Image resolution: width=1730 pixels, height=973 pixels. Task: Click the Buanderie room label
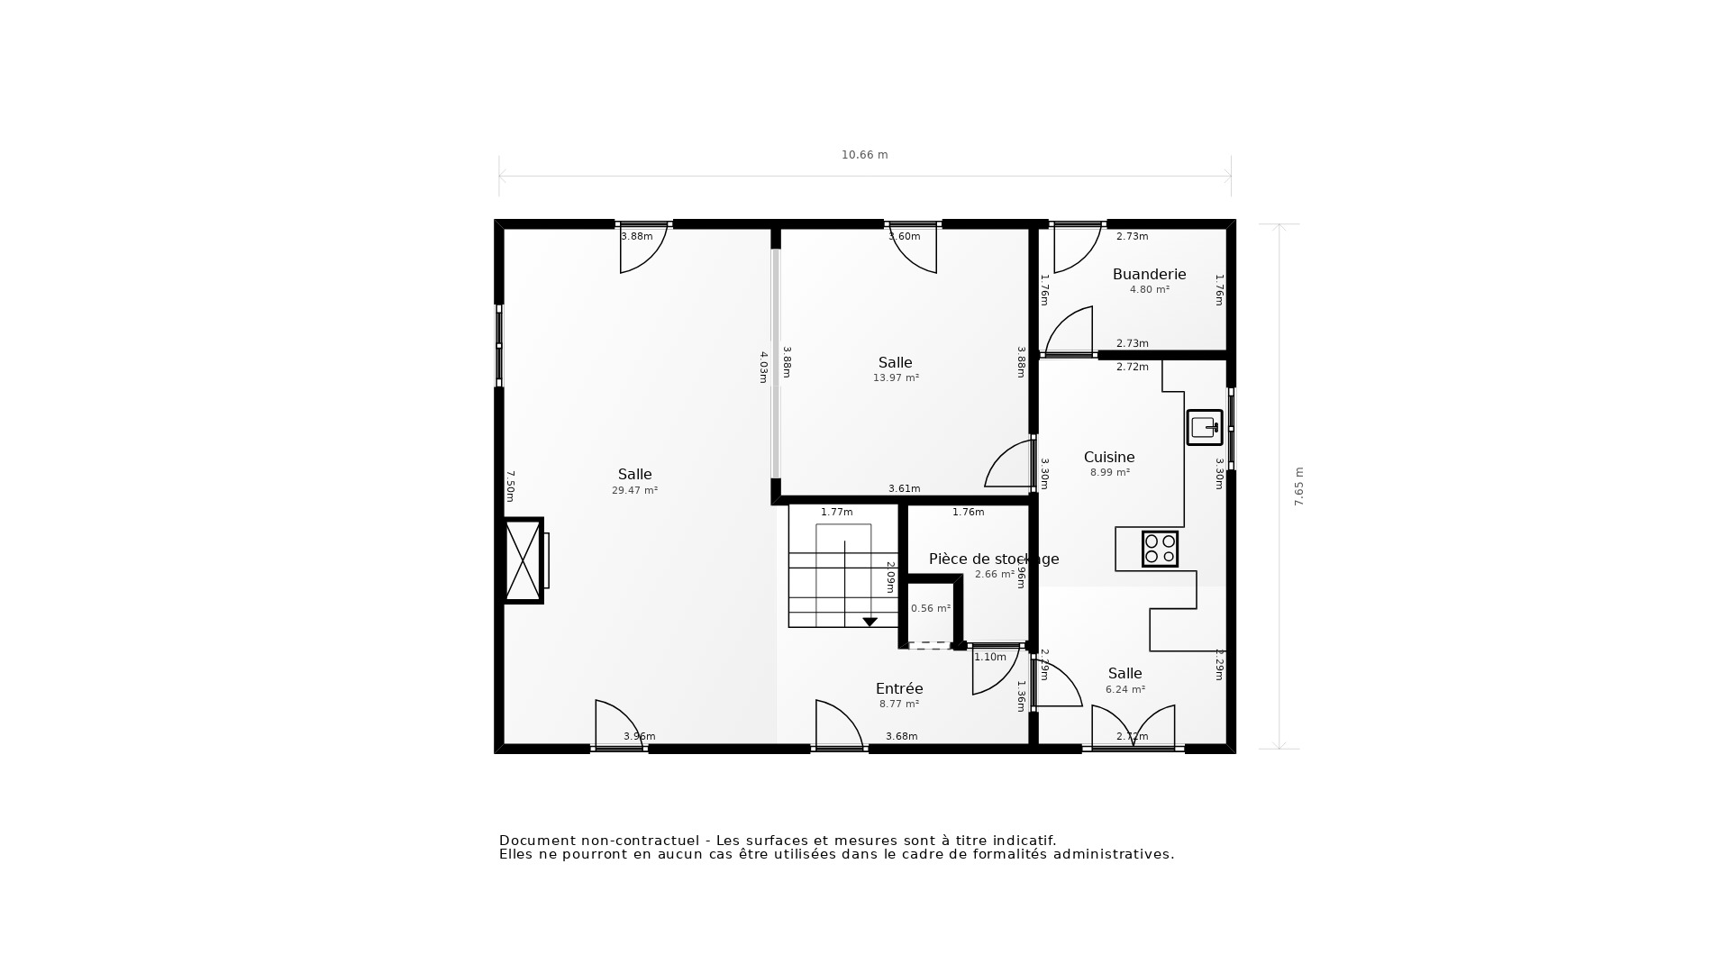(1149, 274)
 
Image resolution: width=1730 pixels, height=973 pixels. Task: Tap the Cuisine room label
(1108, 457)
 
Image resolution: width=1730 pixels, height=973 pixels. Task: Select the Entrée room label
(898, 688)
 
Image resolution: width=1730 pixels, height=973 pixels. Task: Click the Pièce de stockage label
(993, 559)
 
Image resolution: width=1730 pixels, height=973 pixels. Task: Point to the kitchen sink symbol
(1204, 427)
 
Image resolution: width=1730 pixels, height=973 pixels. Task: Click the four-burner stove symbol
(1160, 549)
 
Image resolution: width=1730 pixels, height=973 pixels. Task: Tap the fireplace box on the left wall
(523, 560)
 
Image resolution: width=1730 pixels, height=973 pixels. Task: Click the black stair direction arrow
(870, 622)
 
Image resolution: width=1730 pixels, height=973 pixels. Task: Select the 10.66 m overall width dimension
(864, 155)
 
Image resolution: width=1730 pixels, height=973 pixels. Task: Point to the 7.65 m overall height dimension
(1299, 486)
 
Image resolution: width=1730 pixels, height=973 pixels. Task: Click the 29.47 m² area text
(634, 491)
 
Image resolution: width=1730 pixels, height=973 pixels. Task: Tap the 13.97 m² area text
(896, 378)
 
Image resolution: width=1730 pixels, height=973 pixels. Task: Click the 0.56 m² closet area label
(930, 609)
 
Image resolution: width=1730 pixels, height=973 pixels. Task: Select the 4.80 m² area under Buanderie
(1149, 290)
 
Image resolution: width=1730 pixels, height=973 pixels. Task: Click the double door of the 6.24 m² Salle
(1133, 728)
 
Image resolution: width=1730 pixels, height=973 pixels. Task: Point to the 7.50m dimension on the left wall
(510, 486)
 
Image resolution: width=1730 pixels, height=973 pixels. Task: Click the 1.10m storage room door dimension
(989, 658)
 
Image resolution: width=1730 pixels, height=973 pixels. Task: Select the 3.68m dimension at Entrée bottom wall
(901, 736)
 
